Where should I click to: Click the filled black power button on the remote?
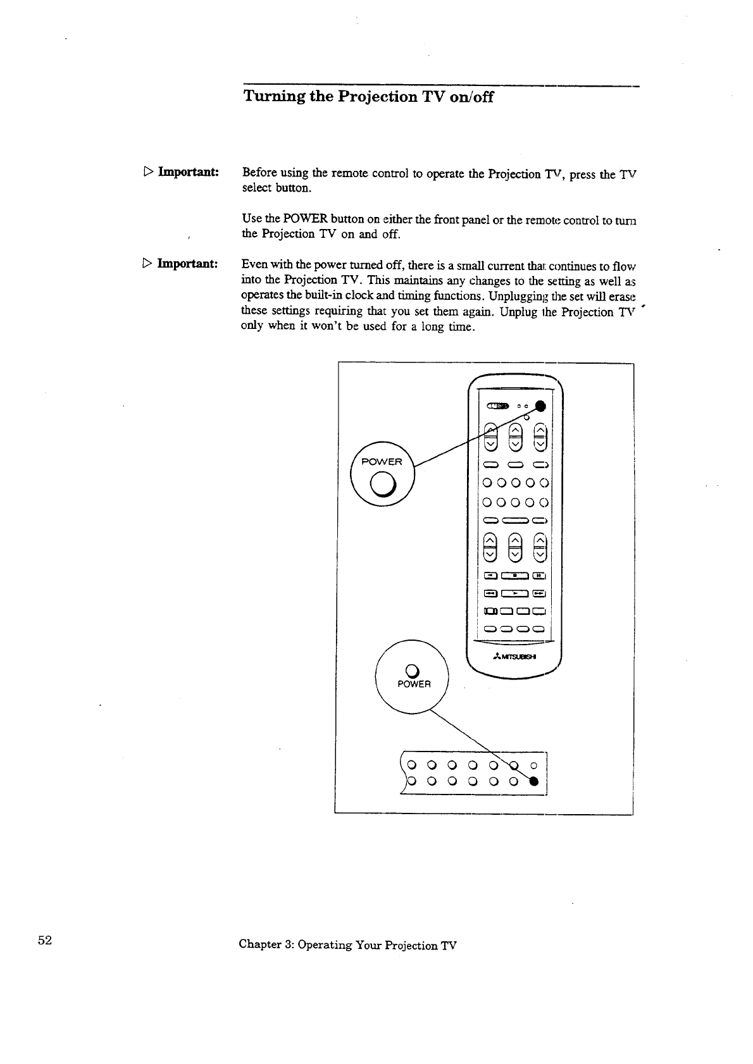click(540, 406)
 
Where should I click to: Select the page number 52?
click(44, 940)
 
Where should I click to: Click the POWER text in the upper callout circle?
click(381, 462)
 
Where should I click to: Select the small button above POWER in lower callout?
click(411, 669)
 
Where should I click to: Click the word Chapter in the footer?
click(259, 945)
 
